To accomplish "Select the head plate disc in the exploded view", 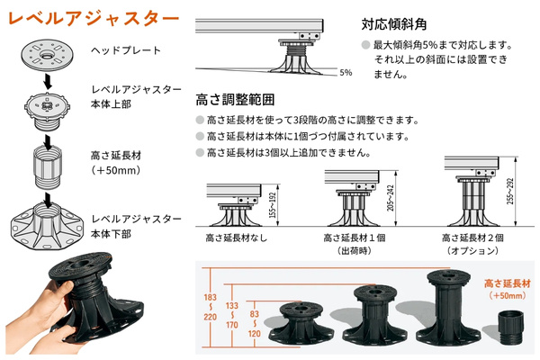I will coord(45,51).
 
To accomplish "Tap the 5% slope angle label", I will coord(346,72).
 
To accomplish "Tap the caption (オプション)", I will coord(472,253).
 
